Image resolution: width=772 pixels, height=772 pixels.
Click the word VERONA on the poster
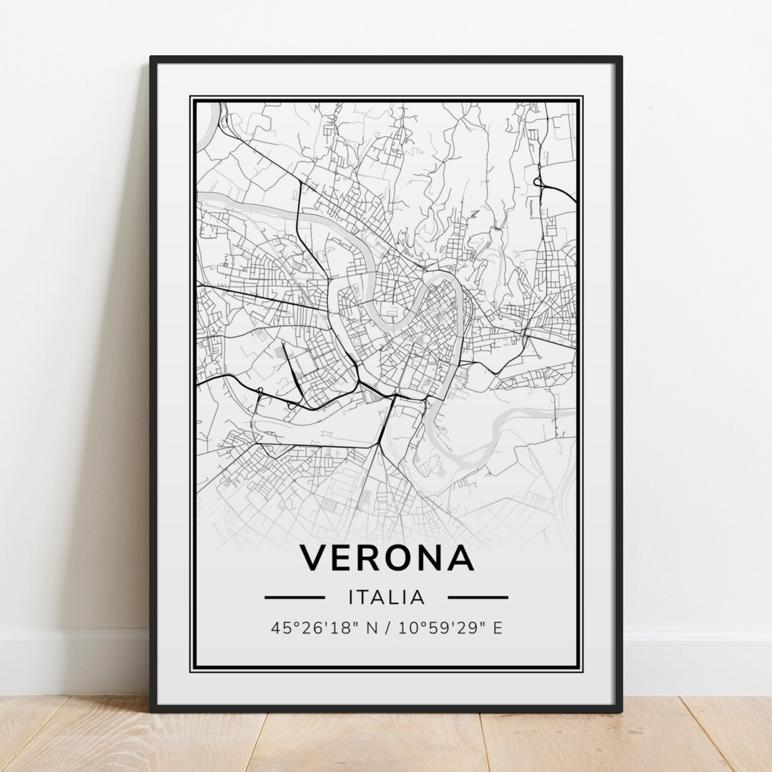[x=386, y=558]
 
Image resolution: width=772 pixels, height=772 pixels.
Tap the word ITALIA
[x=386, y=597]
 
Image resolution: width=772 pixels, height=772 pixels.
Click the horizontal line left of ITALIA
[x=295, y=597]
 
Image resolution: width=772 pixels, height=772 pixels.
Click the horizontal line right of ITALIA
[x=477, y=597]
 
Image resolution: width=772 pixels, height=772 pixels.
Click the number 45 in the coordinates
[x=279, y=628]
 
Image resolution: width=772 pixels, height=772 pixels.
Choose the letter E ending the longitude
[x=498, y=628]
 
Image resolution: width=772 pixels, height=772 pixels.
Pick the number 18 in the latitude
[x=330, y=628]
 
